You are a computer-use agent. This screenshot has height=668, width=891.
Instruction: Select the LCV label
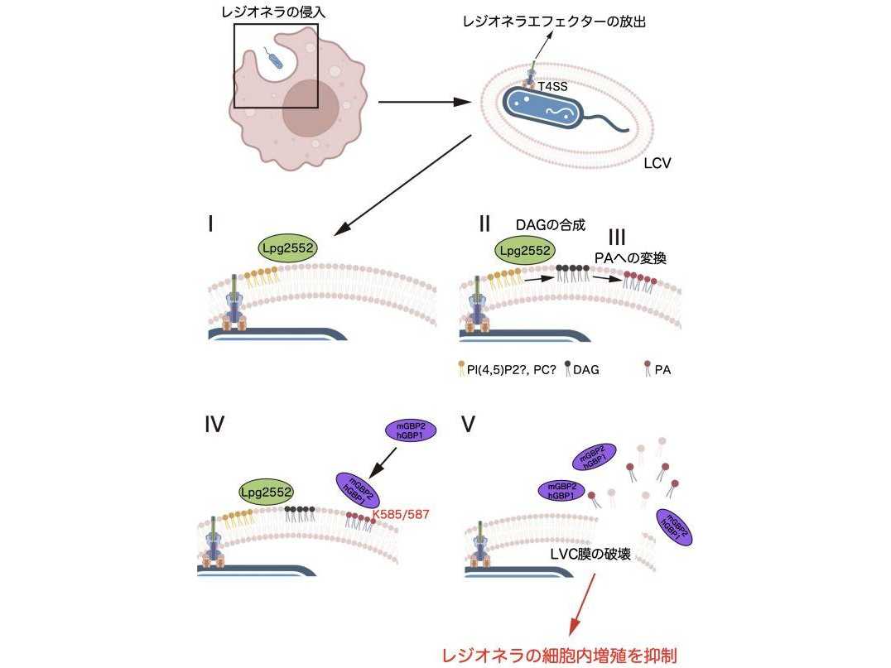point(657,163)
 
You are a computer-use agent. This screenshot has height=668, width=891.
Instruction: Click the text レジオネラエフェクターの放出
point(554,22)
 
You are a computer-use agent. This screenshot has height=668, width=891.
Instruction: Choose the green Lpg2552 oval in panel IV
point(266,493)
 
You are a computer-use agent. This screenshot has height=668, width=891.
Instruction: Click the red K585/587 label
point(401,515)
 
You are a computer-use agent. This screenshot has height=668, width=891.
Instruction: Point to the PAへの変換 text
point(630,257)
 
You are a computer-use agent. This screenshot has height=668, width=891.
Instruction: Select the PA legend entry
point(657,370)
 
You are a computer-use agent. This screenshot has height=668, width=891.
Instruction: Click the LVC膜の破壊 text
point(590,553)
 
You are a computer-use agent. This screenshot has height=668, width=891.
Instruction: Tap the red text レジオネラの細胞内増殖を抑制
point(560,656)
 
